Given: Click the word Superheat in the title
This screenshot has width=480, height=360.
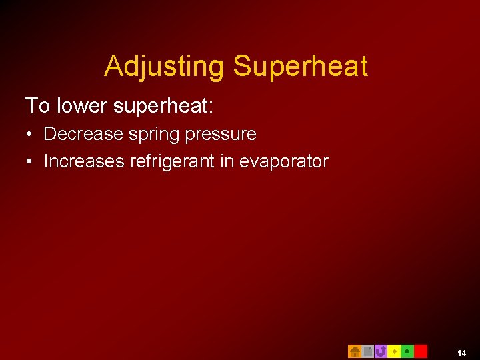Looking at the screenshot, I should coord(300,67).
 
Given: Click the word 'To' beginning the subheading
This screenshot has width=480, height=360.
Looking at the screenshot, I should coord(37,105).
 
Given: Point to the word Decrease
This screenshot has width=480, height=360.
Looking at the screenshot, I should coord(83,134).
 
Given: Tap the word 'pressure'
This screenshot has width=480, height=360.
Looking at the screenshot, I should coord(221,135).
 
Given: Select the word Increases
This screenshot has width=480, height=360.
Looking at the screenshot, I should coord(85,161).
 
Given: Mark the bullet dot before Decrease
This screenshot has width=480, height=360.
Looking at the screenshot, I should coord(31,135).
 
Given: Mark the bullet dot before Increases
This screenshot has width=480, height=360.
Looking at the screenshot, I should coord(31,162).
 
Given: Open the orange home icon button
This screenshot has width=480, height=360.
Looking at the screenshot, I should coord(355,351).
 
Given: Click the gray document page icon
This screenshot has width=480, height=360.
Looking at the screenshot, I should coord(367,351).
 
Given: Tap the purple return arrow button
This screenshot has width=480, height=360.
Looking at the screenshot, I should coord(381,351).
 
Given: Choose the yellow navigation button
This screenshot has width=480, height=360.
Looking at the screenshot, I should coord(394,351).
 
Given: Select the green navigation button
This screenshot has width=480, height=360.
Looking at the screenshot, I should coord(407,351).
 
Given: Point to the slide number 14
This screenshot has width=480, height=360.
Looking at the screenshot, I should coord(462,353).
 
